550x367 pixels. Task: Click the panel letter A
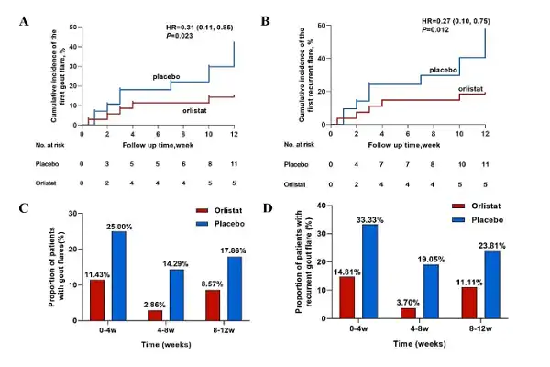pos(23,19)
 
